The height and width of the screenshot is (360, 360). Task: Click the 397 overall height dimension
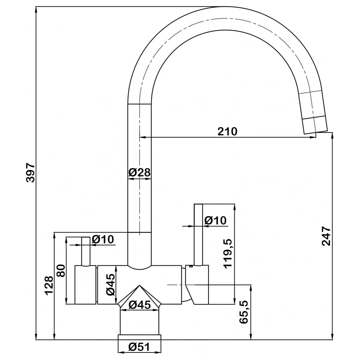coord(30,173)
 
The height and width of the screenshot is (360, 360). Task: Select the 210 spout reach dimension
coord(227,131)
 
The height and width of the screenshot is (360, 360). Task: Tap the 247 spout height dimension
coord(326,236)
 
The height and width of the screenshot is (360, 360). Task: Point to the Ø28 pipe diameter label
coord(139,172)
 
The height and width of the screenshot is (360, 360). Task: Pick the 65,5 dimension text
coord(244,312)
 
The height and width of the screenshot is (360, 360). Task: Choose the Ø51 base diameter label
coord(139,347)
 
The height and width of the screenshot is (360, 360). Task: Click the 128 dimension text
coord(49,285)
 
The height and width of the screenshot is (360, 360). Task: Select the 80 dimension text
coord(61,271)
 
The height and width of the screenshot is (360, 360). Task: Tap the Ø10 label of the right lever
coord(215,220)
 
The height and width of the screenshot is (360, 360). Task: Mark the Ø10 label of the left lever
coord(103,239)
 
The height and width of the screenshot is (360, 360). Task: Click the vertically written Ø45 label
coord(111,284)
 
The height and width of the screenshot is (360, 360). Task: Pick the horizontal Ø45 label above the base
coord(140,305)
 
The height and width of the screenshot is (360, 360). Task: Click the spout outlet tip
coord(316,132)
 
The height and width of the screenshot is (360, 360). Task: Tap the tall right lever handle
coord(198,234)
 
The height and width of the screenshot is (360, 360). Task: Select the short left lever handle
coord(86,251)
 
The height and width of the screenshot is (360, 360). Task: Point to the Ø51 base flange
coord(139,337)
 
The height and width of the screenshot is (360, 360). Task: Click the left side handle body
coord(85,285)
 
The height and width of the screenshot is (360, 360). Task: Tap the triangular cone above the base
coord(139,296)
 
